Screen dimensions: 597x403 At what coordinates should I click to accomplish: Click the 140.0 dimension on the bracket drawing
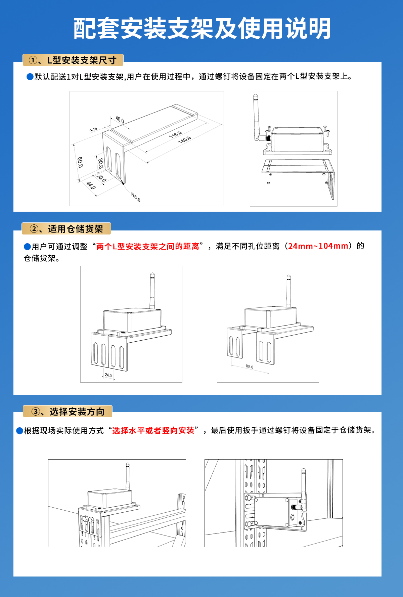tap(184, 140)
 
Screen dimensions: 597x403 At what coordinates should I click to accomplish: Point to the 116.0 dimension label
tap(175, 134)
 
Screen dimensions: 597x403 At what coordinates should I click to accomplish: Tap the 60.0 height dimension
tap(80, 162)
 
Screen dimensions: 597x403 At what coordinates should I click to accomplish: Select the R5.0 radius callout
tap(136, 197)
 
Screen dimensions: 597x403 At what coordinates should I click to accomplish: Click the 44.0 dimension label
tap(91, 185)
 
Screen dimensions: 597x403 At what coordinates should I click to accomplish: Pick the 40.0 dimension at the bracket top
tap(120, 119)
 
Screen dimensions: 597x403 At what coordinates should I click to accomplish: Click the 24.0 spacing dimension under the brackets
tap(108, 375)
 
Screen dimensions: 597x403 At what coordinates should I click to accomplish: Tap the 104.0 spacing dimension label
tap(249, 367)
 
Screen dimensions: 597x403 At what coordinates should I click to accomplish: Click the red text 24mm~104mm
tap(318, 246)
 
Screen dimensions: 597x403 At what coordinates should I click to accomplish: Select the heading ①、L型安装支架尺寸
tap(73, 60)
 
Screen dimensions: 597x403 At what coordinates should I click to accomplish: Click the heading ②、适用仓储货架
tap(66, 229)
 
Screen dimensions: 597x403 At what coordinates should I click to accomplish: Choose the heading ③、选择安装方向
tap(68, 412)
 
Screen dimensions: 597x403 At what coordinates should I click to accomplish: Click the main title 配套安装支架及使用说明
tap(202, 29)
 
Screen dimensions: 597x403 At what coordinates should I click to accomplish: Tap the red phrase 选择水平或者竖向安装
tap(153, 430)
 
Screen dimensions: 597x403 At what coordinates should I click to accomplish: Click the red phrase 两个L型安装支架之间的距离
tap(148, 246)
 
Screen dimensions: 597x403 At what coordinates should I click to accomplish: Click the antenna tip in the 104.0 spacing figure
tap(288, 278)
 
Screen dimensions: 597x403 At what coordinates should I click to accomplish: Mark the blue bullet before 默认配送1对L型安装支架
tap(30, 77)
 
